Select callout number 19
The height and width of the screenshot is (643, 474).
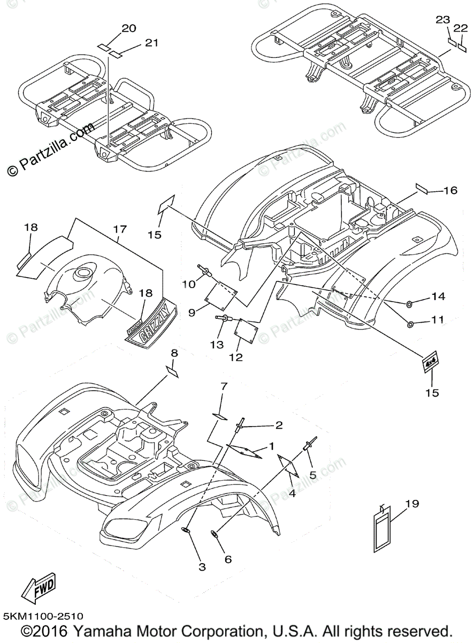(x=412, y=504)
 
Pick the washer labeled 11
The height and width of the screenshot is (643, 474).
(x=411, y=324)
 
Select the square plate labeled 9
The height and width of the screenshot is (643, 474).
(x=222, y=296)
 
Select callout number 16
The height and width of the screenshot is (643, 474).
(x=450, y=190)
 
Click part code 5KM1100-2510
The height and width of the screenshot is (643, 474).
(x=42, y=617)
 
